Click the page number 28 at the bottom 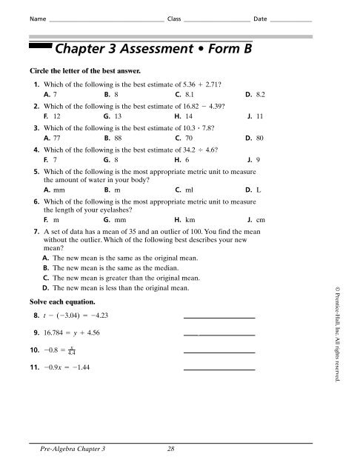[171, 450]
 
